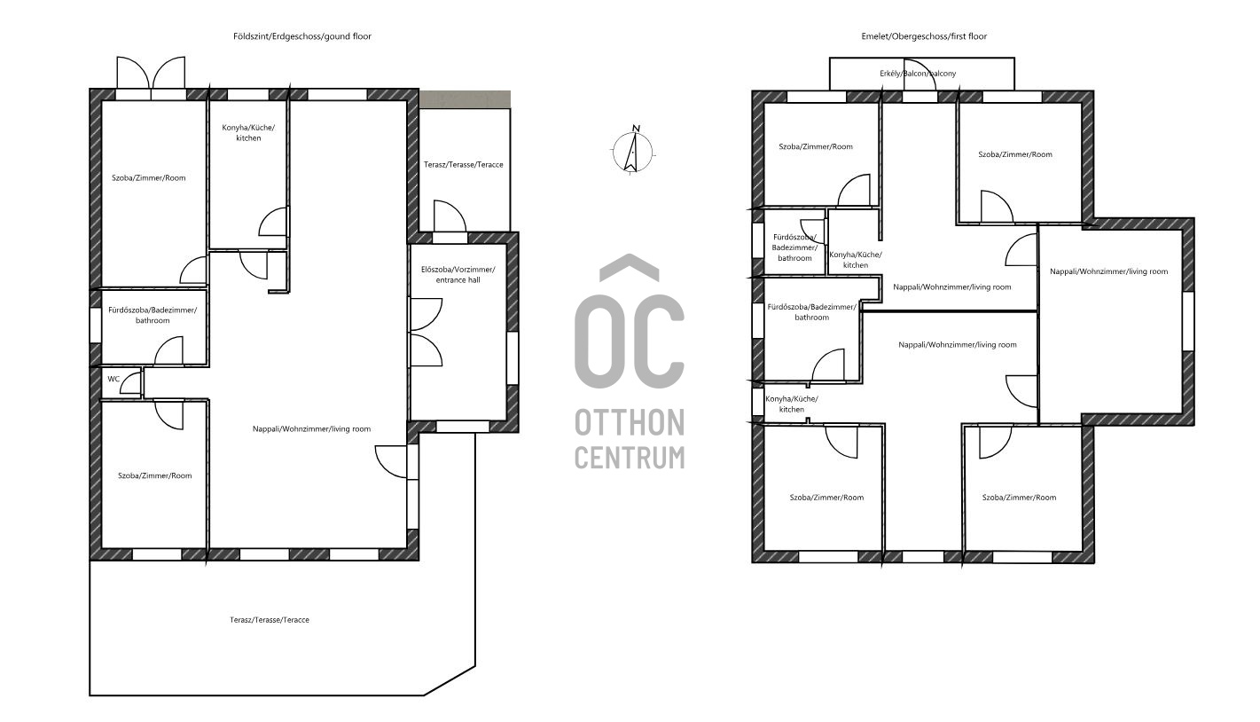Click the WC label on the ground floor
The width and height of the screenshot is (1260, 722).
[113, 380]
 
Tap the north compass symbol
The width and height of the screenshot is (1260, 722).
[633, 152]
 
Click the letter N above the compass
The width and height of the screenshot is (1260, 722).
[636, 129]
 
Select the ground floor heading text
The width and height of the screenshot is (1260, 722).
[302, 36]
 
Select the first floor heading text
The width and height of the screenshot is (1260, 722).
[924, 36]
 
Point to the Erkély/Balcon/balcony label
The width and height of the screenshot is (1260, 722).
[918, 74]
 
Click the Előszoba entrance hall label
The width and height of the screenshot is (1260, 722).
[458, 275]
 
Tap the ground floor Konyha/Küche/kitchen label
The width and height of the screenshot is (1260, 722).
[248, 133]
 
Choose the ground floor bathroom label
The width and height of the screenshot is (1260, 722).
[153, 315]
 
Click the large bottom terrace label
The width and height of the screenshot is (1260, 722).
[270, 620]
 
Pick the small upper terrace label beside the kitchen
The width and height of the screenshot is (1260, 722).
[464, 165]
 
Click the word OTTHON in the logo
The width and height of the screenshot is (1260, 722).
[630, 422]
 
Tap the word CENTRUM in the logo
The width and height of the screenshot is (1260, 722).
[630, 457]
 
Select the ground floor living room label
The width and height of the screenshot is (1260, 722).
[311, 429]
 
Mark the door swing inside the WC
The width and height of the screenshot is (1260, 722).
[130, 383]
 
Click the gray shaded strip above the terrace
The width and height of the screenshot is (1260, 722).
[466, 99]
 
